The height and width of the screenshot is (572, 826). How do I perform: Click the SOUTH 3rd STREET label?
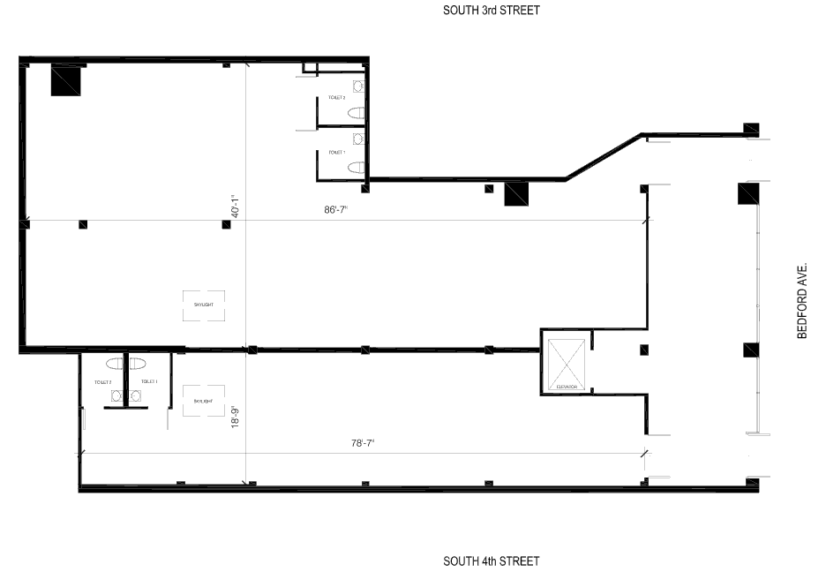click(x=492, y=11)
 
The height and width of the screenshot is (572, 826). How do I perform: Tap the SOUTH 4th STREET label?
click(x=492, y=561)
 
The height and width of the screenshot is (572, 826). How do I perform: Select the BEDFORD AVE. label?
click(x=802, y=299)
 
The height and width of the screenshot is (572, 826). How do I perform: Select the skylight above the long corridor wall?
click(x=203, y=305)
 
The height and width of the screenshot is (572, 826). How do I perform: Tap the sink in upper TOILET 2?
click(x=357, y=86)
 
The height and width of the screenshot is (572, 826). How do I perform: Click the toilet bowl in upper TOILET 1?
click(x=356, y=166)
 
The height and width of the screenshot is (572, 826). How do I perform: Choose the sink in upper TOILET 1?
click(x=357, y=139)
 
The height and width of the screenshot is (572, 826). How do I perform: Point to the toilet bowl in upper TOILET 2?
click(x=356, y=113)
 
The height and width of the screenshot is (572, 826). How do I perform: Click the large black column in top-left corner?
click(x=66, y=80)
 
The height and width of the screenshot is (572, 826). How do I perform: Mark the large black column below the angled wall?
click(x=515, y=193)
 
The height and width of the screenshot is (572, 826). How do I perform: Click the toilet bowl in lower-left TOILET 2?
click(x=115, y=363)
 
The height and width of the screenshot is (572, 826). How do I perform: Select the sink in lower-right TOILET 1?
click(x=135, y=395)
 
